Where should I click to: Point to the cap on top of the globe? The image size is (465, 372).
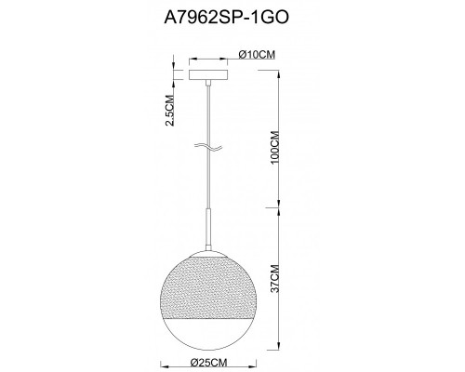tap(207, 253)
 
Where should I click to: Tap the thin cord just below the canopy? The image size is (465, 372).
tap(207, 102)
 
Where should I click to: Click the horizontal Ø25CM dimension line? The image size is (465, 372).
tap(207, 351)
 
